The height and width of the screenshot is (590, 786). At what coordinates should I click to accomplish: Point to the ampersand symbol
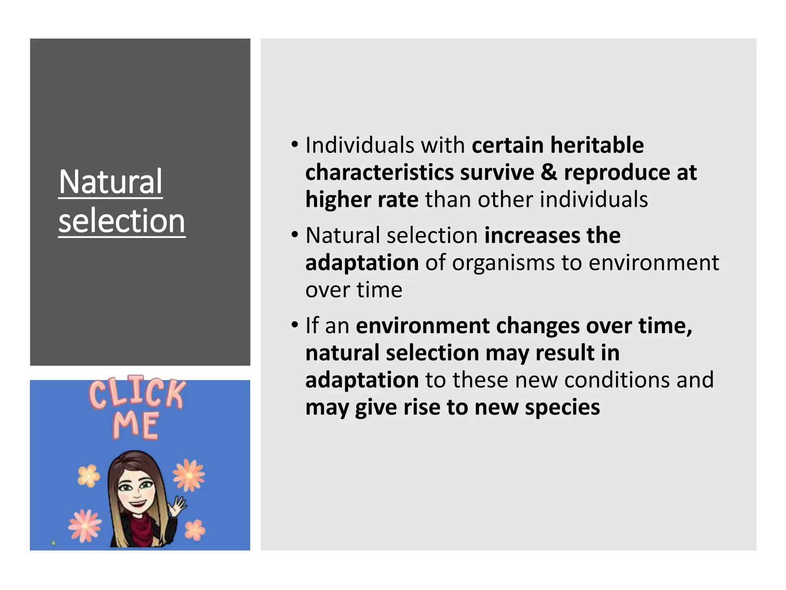[549, 172]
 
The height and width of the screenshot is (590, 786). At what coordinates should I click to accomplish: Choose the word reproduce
[617, 172]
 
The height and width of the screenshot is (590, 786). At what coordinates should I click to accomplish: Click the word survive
[497, 172]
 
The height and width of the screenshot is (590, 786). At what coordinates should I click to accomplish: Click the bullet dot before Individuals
[294, 145]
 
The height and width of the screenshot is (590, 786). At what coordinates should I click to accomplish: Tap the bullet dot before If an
[294, 325]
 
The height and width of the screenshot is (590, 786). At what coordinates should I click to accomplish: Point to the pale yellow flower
[89, 476]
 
